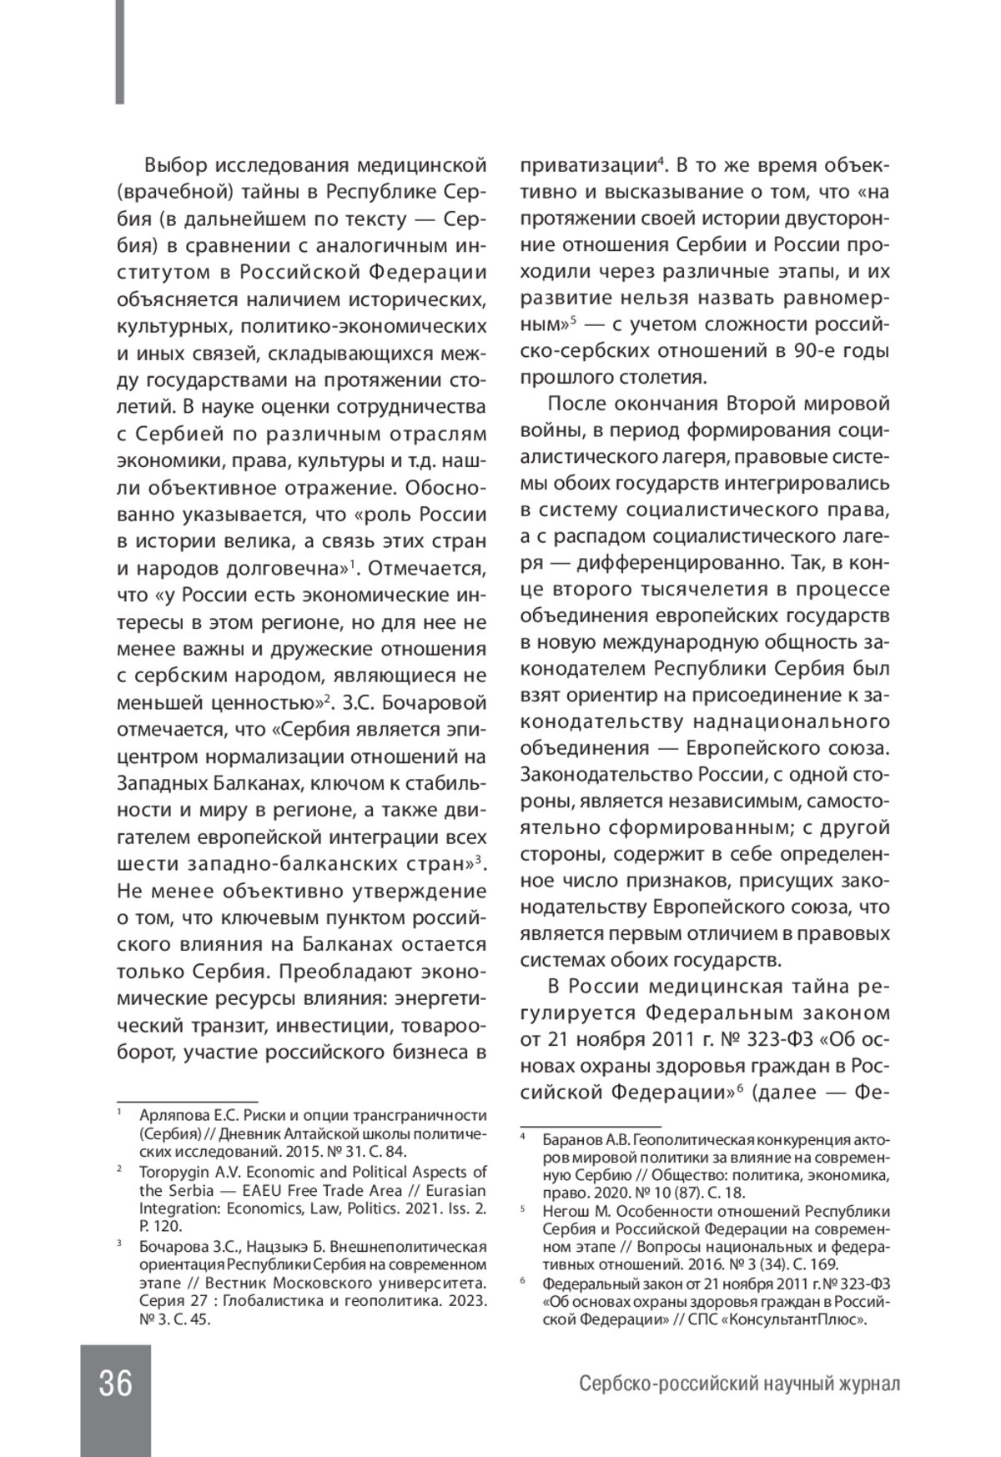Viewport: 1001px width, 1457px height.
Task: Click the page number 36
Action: (116, 1384)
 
